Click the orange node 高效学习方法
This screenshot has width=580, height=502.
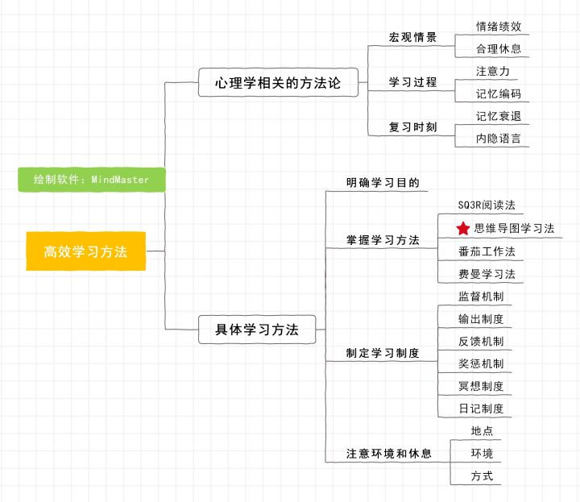[85, 251]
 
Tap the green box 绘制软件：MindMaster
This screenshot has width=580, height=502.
[92, 180]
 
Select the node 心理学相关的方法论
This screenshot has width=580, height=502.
[278, 82]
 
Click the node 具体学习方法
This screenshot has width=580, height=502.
[257, 330]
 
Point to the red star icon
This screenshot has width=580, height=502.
[462, 229]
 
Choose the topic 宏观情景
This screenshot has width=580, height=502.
[412, 38]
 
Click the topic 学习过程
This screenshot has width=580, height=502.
[412, 82]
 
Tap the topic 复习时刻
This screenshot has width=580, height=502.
[412, 127]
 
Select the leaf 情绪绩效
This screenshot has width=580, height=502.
[498, 27]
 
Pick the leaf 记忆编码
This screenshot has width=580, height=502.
[498, 93]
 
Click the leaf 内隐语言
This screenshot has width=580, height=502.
[498, 139]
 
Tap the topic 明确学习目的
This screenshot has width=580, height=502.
[383, 183]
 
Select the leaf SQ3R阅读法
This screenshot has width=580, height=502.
[480, 205]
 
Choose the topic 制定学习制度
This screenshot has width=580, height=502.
[383, 353]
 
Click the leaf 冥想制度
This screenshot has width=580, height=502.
[480, 386]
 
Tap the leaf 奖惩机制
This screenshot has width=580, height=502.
[480, 364]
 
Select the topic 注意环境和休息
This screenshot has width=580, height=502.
[388, 454]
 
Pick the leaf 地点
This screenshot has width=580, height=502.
[482, 431]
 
